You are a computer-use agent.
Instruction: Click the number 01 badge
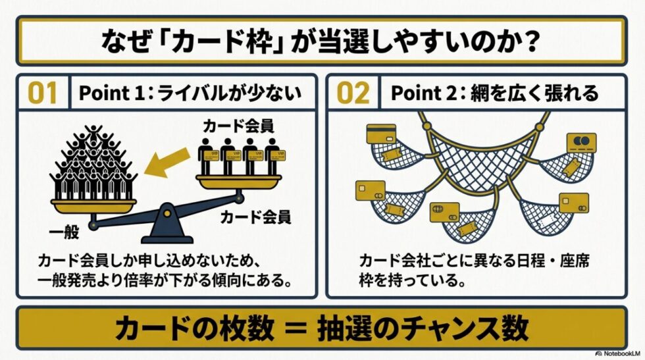(x=43, y=93)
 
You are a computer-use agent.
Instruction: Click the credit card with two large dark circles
(x=581, y=142)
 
